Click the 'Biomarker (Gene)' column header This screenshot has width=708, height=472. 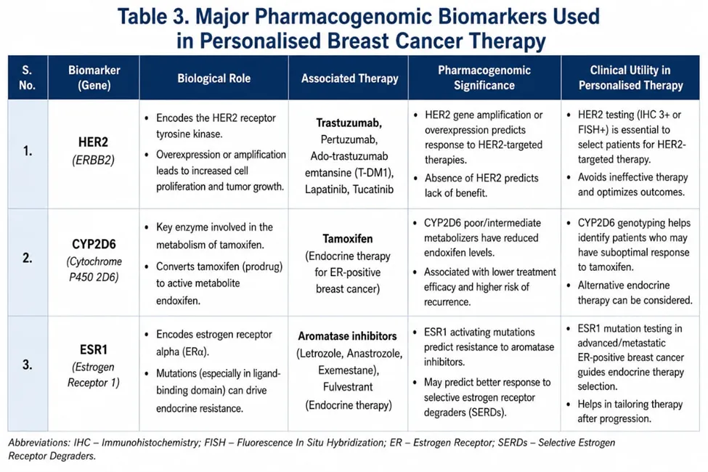[x=94, y=78]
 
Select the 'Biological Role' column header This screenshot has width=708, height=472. [x=213, y=78]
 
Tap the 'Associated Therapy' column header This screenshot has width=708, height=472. [x=349, y=78]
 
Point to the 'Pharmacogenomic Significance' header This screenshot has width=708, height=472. [x=484, y=78]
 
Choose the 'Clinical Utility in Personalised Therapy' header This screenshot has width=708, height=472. [x=630, y=78]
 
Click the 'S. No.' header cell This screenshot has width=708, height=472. [x=27, y=78]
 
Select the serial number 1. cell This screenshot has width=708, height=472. [x=28, y=151]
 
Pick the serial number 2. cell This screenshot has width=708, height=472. [x=28, y=258]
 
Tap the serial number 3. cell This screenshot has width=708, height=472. [x=28, y=365]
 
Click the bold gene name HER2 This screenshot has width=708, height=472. [x=93, y=142]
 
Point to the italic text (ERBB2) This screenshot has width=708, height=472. [x=93, y=160]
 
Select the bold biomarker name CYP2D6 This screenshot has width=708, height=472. [x=94, y=245]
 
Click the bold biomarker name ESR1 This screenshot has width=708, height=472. [x=94, y=349]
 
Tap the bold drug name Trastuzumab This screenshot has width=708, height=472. [x=349, y=123]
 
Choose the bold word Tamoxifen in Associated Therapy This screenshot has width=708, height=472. [x=348, y=238]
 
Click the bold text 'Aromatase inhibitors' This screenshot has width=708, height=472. [x=347, y=336]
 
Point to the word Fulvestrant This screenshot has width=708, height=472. [x=348, y=387]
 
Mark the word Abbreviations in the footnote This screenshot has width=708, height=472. [x=38, y=443]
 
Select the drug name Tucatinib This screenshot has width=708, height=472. [x=373, y=190]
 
